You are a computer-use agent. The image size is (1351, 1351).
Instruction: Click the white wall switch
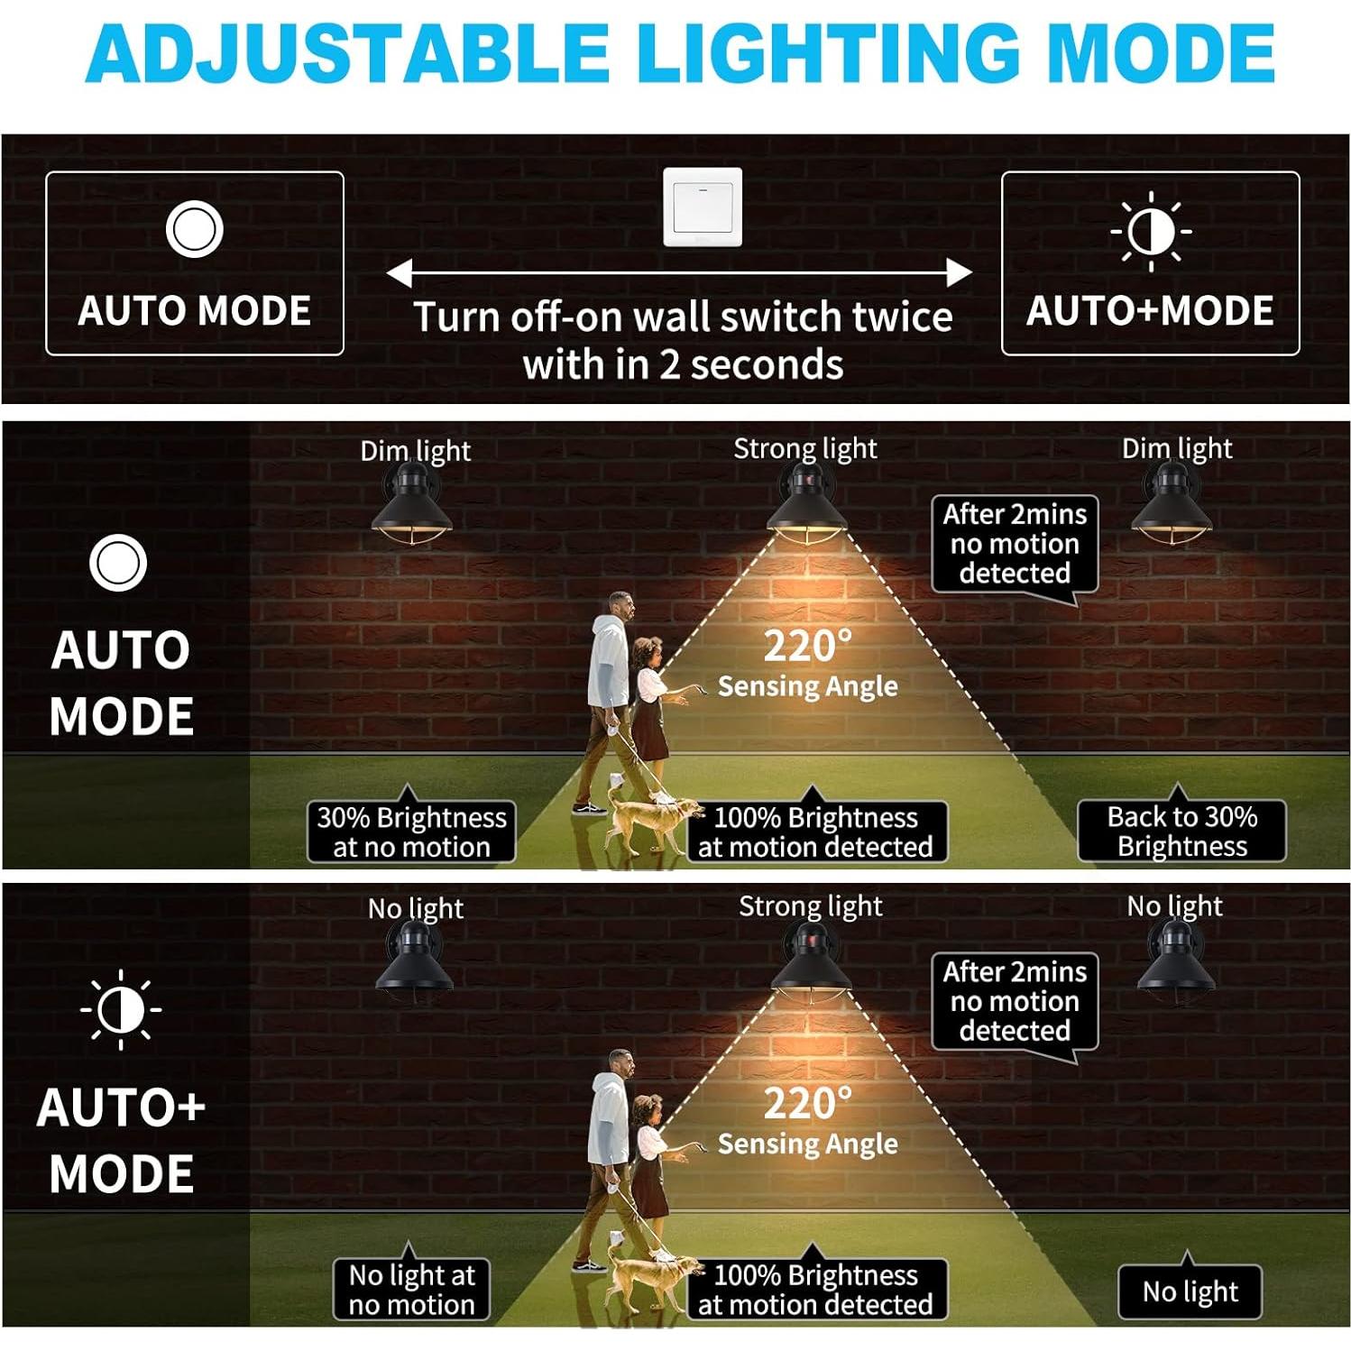coord(703,207)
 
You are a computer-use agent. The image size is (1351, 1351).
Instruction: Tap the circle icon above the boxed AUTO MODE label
coord(194,229)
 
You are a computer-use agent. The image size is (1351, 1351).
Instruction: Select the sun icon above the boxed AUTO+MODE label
coord(1151,231)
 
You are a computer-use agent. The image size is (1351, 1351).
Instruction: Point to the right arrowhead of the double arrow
coord(960,272)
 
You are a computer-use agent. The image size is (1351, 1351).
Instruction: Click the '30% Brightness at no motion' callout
coord(411,832)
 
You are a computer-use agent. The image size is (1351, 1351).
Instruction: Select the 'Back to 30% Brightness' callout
coord(1181,831)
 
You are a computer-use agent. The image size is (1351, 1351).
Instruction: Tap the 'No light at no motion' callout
coord(411,1289)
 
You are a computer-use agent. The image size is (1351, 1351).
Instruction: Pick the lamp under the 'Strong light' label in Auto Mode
coord(806,509)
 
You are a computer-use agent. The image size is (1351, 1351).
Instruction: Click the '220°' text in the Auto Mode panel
coord(807,646)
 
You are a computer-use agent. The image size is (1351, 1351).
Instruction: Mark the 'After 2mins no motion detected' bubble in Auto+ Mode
coord(1015,1001)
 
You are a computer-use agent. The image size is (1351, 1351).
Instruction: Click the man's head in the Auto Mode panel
coord(620,605)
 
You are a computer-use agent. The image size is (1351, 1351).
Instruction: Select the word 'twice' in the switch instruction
coord(903,317)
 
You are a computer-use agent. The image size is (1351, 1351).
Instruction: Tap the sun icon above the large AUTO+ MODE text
coord(121,1010)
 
